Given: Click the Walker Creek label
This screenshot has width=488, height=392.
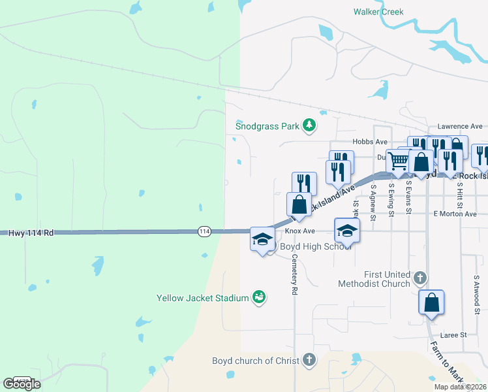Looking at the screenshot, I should [x=378, y=12].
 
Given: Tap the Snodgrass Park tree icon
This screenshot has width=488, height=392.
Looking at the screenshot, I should [x=310, y=125].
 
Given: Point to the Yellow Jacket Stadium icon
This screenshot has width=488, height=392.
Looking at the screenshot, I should [x=259, y=297].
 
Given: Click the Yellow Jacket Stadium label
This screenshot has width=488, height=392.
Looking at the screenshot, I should [x=203, y=298].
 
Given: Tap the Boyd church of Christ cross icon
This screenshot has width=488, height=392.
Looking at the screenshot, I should [x=309, y=360].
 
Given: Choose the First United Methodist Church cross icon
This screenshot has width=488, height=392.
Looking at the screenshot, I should [x=421, y=278].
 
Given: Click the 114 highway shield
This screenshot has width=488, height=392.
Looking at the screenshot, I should [x=204, y=231].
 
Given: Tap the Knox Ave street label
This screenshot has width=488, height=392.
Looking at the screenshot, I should [x=299, y=231].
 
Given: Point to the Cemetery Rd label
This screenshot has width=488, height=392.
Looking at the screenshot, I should [x=295, y=273].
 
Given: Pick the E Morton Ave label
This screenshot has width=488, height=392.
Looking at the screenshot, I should [x=455, y=214].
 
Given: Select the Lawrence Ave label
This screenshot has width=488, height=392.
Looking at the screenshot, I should [x=460, y=126].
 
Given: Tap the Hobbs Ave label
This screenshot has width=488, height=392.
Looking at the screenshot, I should [x=369, y=142].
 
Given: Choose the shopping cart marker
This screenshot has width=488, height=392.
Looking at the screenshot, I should [x=399, y=161].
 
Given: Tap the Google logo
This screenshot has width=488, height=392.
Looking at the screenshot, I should [x=22, y=384].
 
